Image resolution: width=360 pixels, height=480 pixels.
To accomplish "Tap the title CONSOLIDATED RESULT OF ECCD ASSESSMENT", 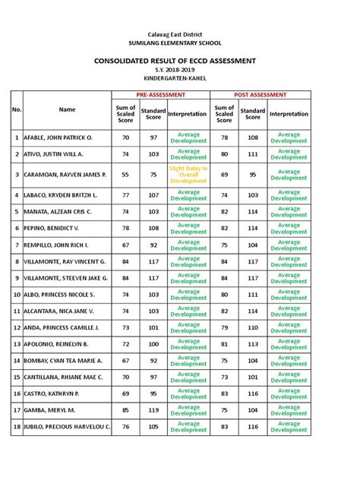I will (x=180, y=61).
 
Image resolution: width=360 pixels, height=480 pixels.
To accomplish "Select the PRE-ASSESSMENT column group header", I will (x=160, y=94).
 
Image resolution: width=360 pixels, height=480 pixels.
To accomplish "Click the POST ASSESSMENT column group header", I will (x=260, y=94).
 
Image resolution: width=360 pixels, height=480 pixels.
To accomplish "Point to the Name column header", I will (x=67, y=110).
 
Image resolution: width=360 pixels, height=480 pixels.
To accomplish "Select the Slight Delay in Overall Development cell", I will (x=188, y=175).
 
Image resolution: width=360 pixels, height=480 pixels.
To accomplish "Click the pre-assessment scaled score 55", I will (x=125, y=175).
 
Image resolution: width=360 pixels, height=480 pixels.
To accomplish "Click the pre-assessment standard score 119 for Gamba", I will (x=154, y=410).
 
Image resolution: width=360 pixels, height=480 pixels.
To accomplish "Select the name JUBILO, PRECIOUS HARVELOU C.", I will (x=67, y=427).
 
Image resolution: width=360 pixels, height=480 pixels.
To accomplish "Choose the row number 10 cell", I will (x=15, y=293).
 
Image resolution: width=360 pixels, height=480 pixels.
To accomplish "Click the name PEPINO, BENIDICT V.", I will (x=53, y=226).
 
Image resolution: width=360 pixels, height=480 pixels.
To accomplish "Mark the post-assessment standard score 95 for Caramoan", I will (x=253, y=175).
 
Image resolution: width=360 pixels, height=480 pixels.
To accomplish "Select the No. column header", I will (x=15, y=110).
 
